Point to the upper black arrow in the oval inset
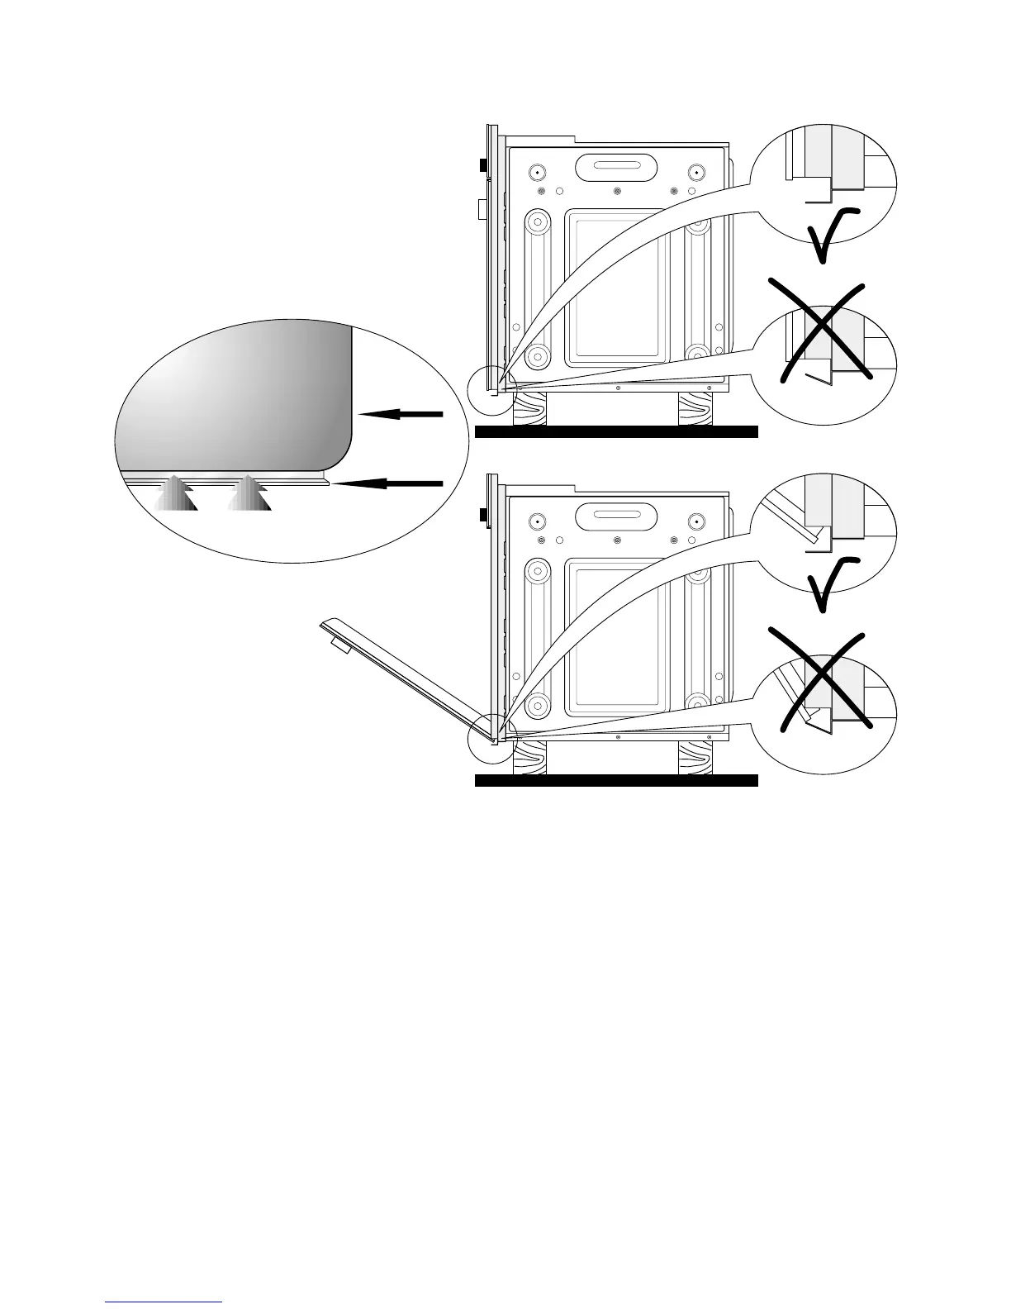401,414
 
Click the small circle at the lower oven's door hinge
491,736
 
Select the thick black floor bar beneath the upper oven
616,431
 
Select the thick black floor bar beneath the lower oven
616,781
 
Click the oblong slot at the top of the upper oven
617,168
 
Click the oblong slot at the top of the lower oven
617,518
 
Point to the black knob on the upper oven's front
483,164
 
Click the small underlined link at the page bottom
164,1302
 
